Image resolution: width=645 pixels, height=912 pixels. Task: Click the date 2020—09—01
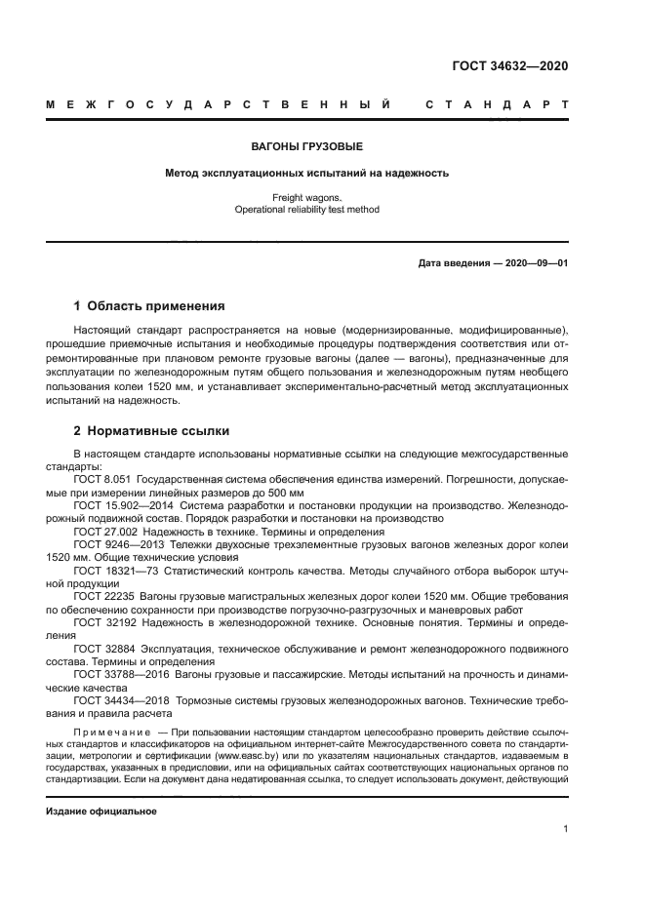coord(534,263)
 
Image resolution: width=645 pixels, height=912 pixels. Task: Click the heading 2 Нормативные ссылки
coord(152,430)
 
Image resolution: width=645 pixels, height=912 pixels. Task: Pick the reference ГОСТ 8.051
coord(102,480)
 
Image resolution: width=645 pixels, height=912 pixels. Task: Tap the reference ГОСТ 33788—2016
coord(117,673)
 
